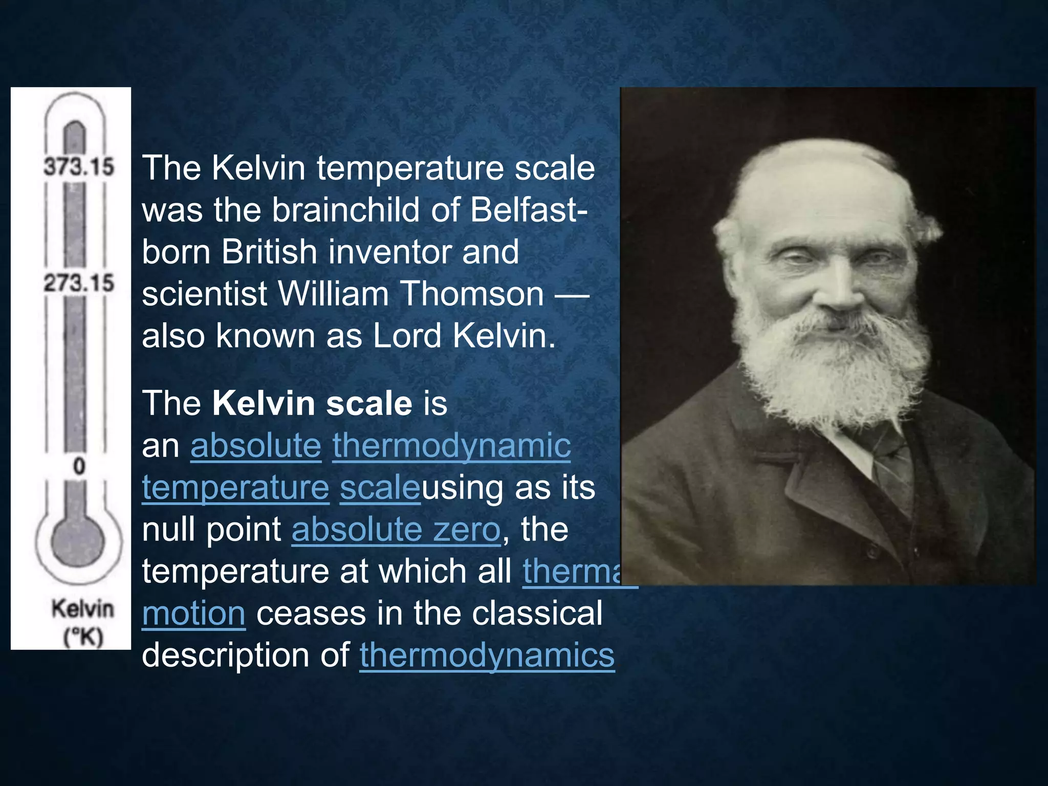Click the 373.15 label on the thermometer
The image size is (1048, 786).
pyautogui.click(x=78, y=166)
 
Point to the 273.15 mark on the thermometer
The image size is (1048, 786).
pyautogui.click(x=78, y=282)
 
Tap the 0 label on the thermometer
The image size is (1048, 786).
pyautogui.click(x=79, y=466)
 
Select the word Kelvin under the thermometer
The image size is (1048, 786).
pyautogui.click(x=82, y=609)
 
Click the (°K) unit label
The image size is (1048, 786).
pyautogui.click(x=83, y=637)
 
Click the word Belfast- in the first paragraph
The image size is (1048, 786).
pyautogui.click(x=529, y=210)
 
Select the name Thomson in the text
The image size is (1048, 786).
pyautogui.click(x=472, y=294)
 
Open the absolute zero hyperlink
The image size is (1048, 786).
pyautogui.click(x=396, y=529)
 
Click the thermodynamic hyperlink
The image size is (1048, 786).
pyautogui.click(x=451, y=445)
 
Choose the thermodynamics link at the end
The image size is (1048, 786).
pyautogui.click(x=487, y=655)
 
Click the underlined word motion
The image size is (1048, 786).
pyautogui.click(x=193, y=613)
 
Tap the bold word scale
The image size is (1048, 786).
pyautogui.click(x=369, y=403)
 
